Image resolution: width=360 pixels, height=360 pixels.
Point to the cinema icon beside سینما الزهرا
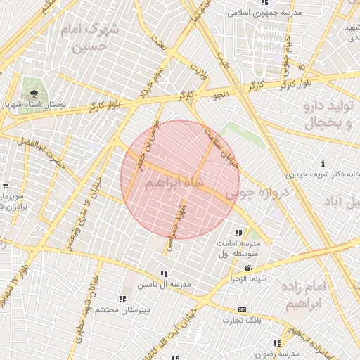click(247, 269)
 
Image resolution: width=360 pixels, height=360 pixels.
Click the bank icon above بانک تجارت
click(243, 309)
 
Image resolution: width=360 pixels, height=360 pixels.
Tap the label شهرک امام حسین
click(95, 39)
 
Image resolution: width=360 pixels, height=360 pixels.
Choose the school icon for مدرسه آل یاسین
click(164, 274)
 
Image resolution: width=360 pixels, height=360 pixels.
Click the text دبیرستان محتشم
click(119, 310)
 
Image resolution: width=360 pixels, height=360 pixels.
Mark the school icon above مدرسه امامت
click(239, 232)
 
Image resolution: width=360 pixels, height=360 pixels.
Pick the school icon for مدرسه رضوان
click(277, 343)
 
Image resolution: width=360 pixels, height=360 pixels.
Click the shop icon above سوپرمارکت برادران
click(6, 186)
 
